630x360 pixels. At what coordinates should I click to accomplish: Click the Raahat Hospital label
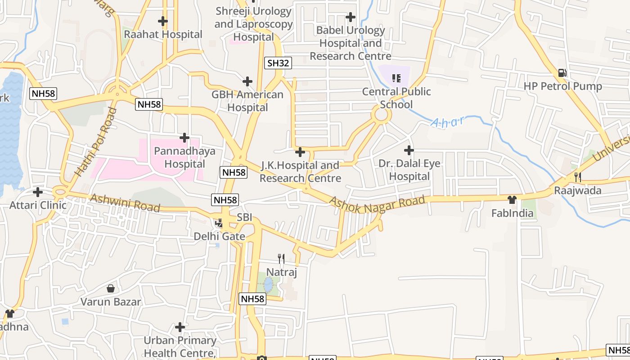(163, 34)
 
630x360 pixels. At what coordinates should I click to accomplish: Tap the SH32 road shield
(278, 63)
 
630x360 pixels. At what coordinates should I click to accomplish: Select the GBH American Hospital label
(247, 101)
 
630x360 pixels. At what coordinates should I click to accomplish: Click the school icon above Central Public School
(396, 78)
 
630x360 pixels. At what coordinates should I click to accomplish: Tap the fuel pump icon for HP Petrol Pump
(562, 72)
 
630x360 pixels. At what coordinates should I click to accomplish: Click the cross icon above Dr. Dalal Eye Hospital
(409, 150)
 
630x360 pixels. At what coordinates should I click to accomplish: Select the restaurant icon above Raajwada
(578, 177)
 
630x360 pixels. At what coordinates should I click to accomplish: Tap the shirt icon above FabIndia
(512, 199)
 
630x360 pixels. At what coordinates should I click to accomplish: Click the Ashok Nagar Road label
(377, 203)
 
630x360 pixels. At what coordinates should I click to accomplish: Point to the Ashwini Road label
(125, 203)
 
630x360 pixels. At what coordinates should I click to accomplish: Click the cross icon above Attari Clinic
(38, 192)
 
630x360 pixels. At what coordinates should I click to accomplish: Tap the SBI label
(244, 217)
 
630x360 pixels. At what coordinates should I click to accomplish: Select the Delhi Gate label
(219, 236)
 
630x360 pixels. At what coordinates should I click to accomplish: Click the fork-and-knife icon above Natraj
(281, 258)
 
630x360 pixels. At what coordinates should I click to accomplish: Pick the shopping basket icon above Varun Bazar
(110, 288)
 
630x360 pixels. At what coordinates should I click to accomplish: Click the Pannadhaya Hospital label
(184, 157)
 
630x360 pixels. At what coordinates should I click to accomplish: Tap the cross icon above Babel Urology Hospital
(350, 17)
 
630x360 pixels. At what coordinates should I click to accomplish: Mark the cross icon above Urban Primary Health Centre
(180, 327)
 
